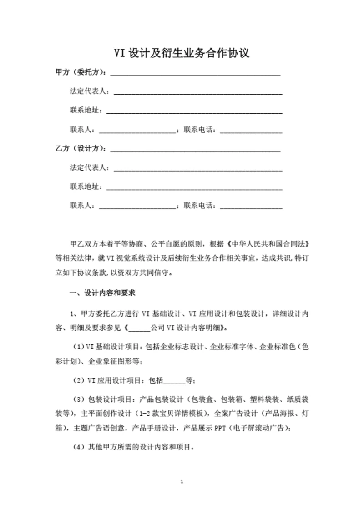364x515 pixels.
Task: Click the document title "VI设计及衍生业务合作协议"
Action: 182,53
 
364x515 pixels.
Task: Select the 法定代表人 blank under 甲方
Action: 197,92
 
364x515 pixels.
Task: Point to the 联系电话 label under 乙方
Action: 200,206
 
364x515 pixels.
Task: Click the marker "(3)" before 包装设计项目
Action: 78,399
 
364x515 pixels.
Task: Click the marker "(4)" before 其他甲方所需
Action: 78,447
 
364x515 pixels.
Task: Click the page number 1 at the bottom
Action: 182,482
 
